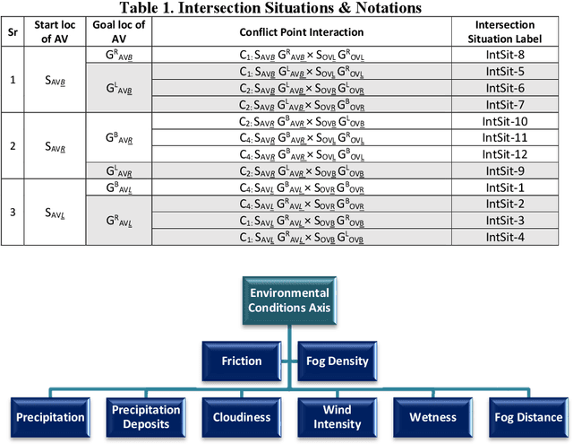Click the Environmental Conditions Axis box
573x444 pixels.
tap(288, 300)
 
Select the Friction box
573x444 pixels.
tap(242, 360)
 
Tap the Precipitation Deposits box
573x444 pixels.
tap(146, 416)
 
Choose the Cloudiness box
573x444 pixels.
tap(242, 416)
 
